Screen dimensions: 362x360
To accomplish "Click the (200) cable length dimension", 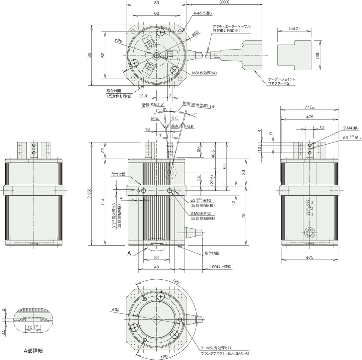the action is (x=224, y=2).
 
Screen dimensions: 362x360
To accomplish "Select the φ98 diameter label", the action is (x=195, y=33).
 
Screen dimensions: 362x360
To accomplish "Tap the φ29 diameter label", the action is (x=118, y=41).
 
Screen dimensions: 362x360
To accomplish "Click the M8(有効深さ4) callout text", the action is (x=205, y=73).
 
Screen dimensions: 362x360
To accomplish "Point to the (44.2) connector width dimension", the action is (x=294, y=29).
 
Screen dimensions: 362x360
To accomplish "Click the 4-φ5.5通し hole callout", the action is (x=203, y=13).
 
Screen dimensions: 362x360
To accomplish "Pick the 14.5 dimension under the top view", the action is (x=143, y=95).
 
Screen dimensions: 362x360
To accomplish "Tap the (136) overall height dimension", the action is (x=90, y=193).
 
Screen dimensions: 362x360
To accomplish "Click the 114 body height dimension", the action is (x=103, y=202).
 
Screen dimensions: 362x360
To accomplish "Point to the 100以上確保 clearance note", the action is (x=221, y=267).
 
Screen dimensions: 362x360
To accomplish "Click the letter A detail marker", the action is (x=129, y=253).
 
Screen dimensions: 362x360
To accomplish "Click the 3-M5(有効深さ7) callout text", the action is (x=216, y=348).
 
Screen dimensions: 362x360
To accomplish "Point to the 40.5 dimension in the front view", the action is (x=213, y=154).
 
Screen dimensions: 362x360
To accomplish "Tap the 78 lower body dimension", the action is (x=243, y=215).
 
